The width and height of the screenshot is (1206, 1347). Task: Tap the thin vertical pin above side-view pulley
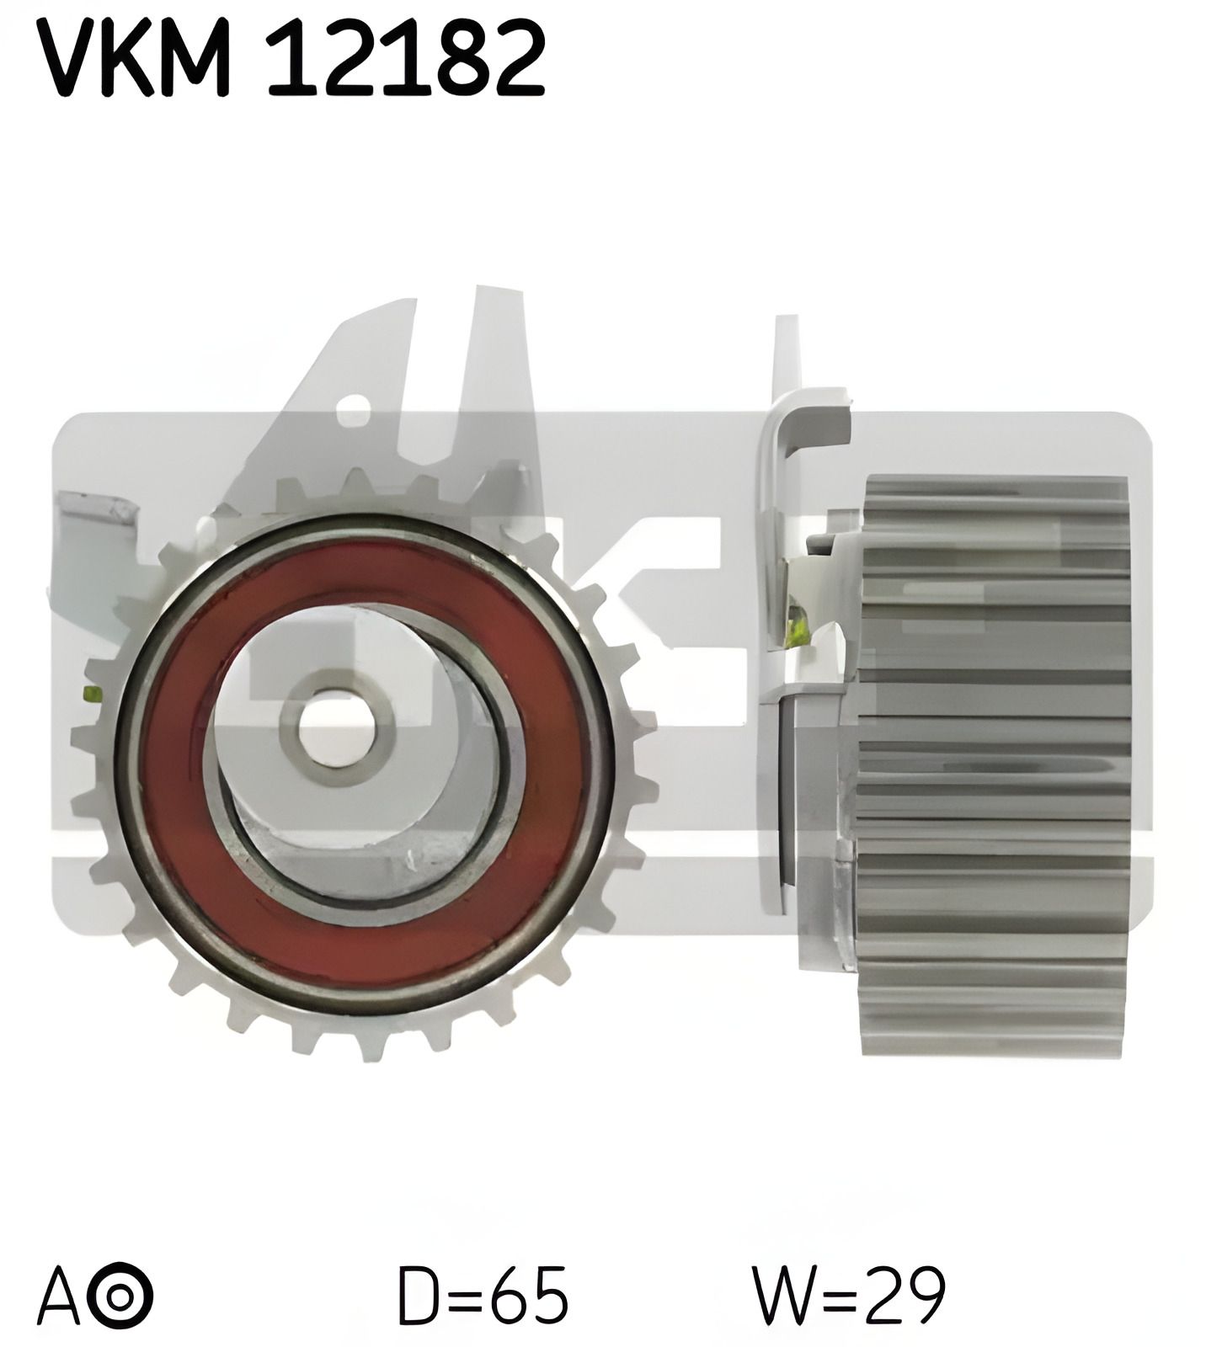click(x=785, y=354)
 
